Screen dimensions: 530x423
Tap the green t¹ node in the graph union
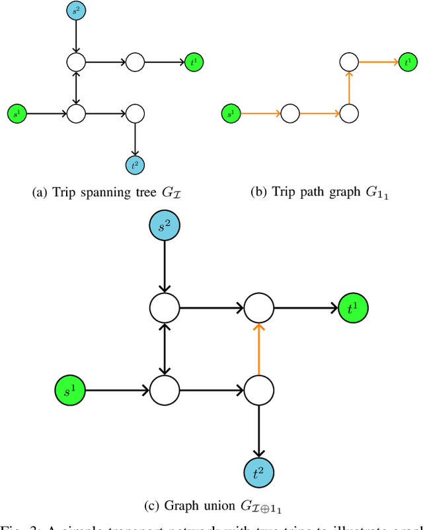tap(353, 307)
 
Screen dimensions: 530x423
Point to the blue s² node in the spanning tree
tap(77, 11)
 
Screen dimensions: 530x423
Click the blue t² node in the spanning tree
tap(135, 165)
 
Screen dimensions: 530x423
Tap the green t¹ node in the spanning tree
tap(194, 62)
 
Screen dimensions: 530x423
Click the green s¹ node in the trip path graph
tap(231, 114)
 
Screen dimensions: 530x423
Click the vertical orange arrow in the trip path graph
tap(348, 88)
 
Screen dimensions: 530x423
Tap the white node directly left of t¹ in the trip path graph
tap(348, 62)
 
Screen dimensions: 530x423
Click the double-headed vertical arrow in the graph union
tap(165, 348)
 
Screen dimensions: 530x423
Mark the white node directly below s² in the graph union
tap(165, 307)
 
